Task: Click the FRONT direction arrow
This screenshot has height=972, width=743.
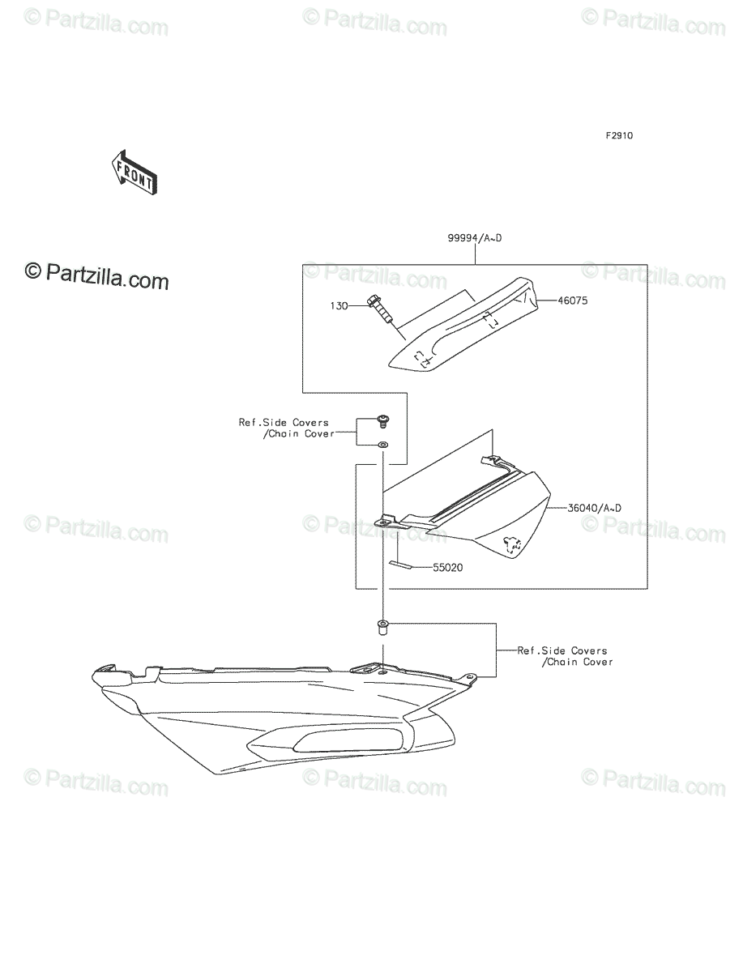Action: click(x=135, y=173)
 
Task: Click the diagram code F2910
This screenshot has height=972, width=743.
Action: click(x=619, y=136)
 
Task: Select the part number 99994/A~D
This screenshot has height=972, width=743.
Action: click(x=475, y=238)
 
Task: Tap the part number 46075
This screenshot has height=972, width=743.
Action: click(x=573, y=301)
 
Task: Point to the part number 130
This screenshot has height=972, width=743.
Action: click(x=339, y=306)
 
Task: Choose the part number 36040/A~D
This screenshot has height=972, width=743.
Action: click(x=594, y=508)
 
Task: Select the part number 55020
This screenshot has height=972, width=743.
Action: click(x=447, y=567)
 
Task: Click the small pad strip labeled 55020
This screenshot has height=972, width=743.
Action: click(x=400, y=564)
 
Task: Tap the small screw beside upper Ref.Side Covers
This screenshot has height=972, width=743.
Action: click(x=382, y=420)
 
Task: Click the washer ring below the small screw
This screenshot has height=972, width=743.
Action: click(x=382, y=444)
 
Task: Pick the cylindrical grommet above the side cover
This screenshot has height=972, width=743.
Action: click(x=382, y=628)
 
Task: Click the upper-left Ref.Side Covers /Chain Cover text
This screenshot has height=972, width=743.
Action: click(x=287, y=428)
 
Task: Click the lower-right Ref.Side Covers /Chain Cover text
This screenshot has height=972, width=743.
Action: click(x=566, y=656)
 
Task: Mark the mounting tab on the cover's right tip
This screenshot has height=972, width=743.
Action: click(x=469, y=678)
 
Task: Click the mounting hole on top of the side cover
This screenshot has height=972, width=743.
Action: click(x=382, y=674)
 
